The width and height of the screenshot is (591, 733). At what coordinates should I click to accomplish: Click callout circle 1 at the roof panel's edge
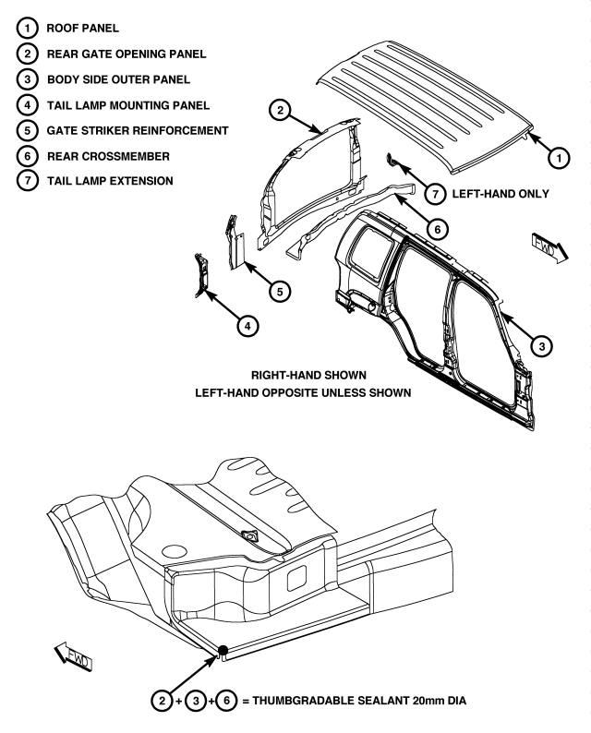(x=557, y=158)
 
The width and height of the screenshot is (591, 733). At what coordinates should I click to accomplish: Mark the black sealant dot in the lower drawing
(x=223, y=651)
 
